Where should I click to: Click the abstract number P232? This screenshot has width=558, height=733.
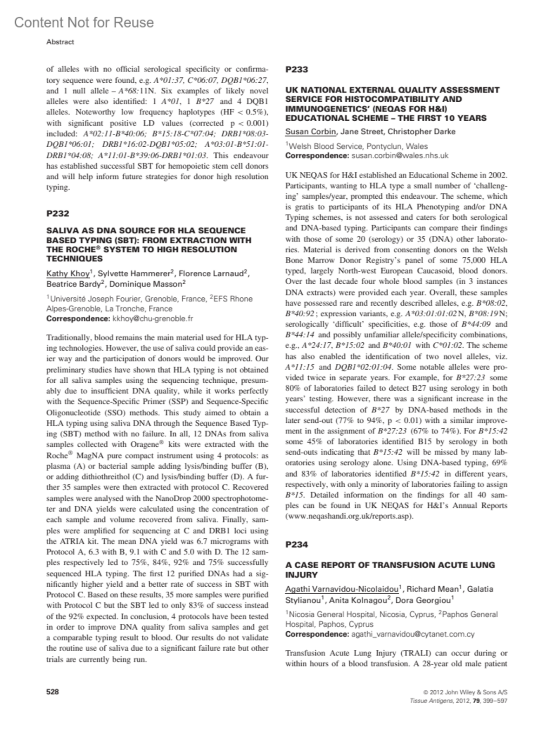tap(58, 214)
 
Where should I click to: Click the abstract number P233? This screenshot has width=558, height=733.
tap(296, 70)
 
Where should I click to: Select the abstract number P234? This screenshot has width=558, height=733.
tap(296, 544)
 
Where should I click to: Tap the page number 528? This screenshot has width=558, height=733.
tap(53, 692)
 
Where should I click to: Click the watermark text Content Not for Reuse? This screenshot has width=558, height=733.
tap(84, 22)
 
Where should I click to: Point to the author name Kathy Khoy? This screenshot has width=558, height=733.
tap(68, 274)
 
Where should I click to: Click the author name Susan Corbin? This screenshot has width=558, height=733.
tap(310, 131)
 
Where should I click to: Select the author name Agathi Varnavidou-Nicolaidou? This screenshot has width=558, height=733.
tap(342, 589)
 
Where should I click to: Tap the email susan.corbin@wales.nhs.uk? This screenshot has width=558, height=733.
tap(400, 156)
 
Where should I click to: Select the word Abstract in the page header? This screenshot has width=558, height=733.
tap(60, 42)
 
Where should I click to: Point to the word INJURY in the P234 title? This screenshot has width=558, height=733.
tap(300, 575)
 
